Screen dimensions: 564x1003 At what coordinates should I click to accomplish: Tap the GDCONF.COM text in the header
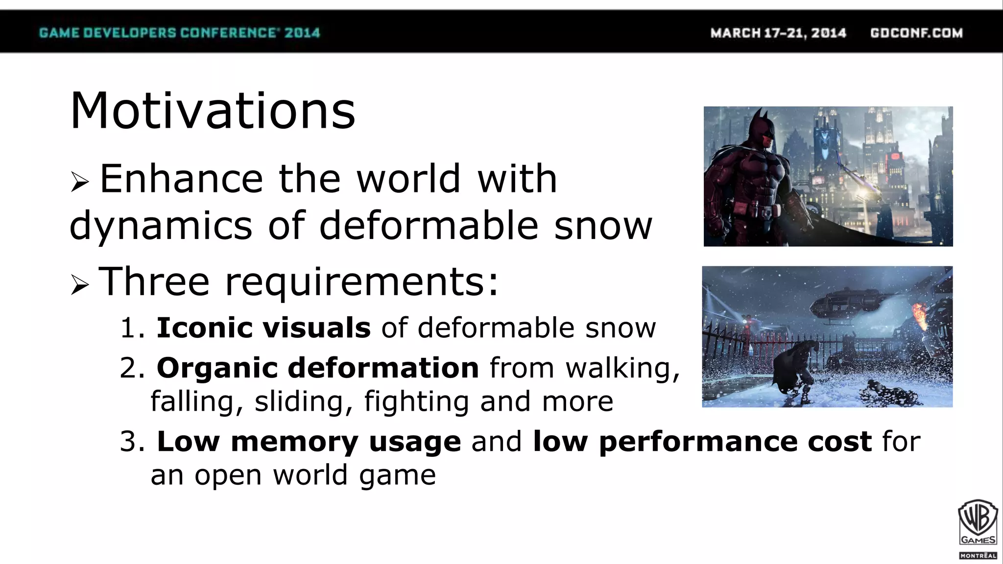(916, 33)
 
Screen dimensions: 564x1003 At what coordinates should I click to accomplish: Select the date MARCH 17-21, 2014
(778, 33)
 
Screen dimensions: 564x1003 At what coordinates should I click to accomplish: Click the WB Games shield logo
(978, 523)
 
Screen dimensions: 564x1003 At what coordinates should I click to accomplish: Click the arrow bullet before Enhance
(79, 182)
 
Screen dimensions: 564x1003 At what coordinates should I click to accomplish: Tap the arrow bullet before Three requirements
(79, 284)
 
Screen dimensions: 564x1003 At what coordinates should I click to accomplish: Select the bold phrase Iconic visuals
(263, 328)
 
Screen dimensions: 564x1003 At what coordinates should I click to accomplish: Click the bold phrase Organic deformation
(317, 368)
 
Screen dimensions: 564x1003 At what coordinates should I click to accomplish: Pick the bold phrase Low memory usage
(309, 441)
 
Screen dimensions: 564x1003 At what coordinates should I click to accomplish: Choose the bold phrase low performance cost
(702, 441)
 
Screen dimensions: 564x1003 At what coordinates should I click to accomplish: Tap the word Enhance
(181, 179)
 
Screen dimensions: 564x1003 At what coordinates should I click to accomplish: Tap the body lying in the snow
(891, 394)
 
